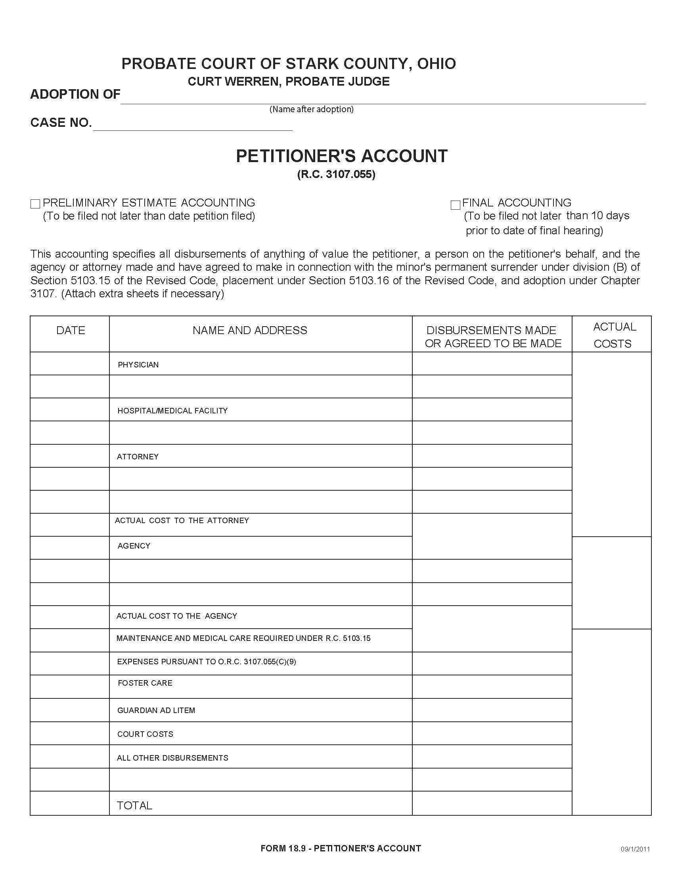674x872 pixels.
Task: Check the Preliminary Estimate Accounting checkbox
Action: tap(35, 204)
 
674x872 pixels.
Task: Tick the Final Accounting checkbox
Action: tap(455, 205)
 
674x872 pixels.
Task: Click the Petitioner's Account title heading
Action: tap(341, 156)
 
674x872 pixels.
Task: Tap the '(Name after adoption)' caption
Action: tap(312, 109)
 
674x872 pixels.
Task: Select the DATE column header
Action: tap(71, 330)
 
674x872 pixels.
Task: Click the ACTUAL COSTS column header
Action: tap(614, 335)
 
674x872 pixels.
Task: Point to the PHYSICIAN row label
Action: tap(138, 365)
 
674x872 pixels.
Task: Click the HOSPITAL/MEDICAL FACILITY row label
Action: tap(172, 411)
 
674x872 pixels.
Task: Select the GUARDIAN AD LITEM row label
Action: tap(156, 710)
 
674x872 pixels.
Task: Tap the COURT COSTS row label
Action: tap(146, 734)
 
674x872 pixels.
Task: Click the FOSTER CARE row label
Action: tap(145, 683)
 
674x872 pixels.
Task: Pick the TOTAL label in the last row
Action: tap(134, 805)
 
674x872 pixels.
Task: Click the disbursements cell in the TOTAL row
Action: tap(492, 803)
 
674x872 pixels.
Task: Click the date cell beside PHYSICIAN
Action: tap(69, 363)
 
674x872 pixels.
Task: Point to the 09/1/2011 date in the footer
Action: tap(635, 849)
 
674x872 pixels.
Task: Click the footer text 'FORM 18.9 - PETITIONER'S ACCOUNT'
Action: tap(341, 849)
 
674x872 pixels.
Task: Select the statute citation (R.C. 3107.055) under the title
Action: tap(336, 174)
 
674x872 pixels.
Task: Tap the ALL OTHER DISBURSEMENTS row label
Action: tap(172, 758)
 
